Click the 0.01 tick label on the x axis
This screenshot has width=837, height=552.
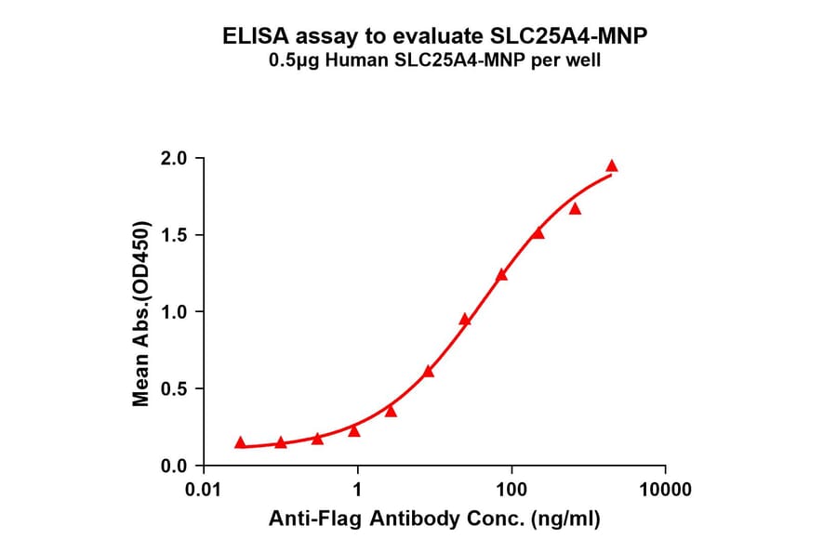204,489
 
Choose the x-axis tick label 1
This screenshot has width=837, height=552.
357,489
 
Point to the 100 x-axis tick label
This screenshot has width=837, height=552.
511,489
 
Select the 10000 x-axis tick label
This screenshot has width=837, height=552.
664,489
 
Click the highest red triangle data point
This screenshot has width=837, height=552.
612,166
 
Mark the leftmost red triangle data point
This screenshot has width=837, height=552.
241,442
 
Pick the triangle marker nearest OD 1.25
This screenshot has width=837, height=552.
501,274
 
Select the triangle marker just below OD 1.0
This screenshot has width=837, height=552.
465,320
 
